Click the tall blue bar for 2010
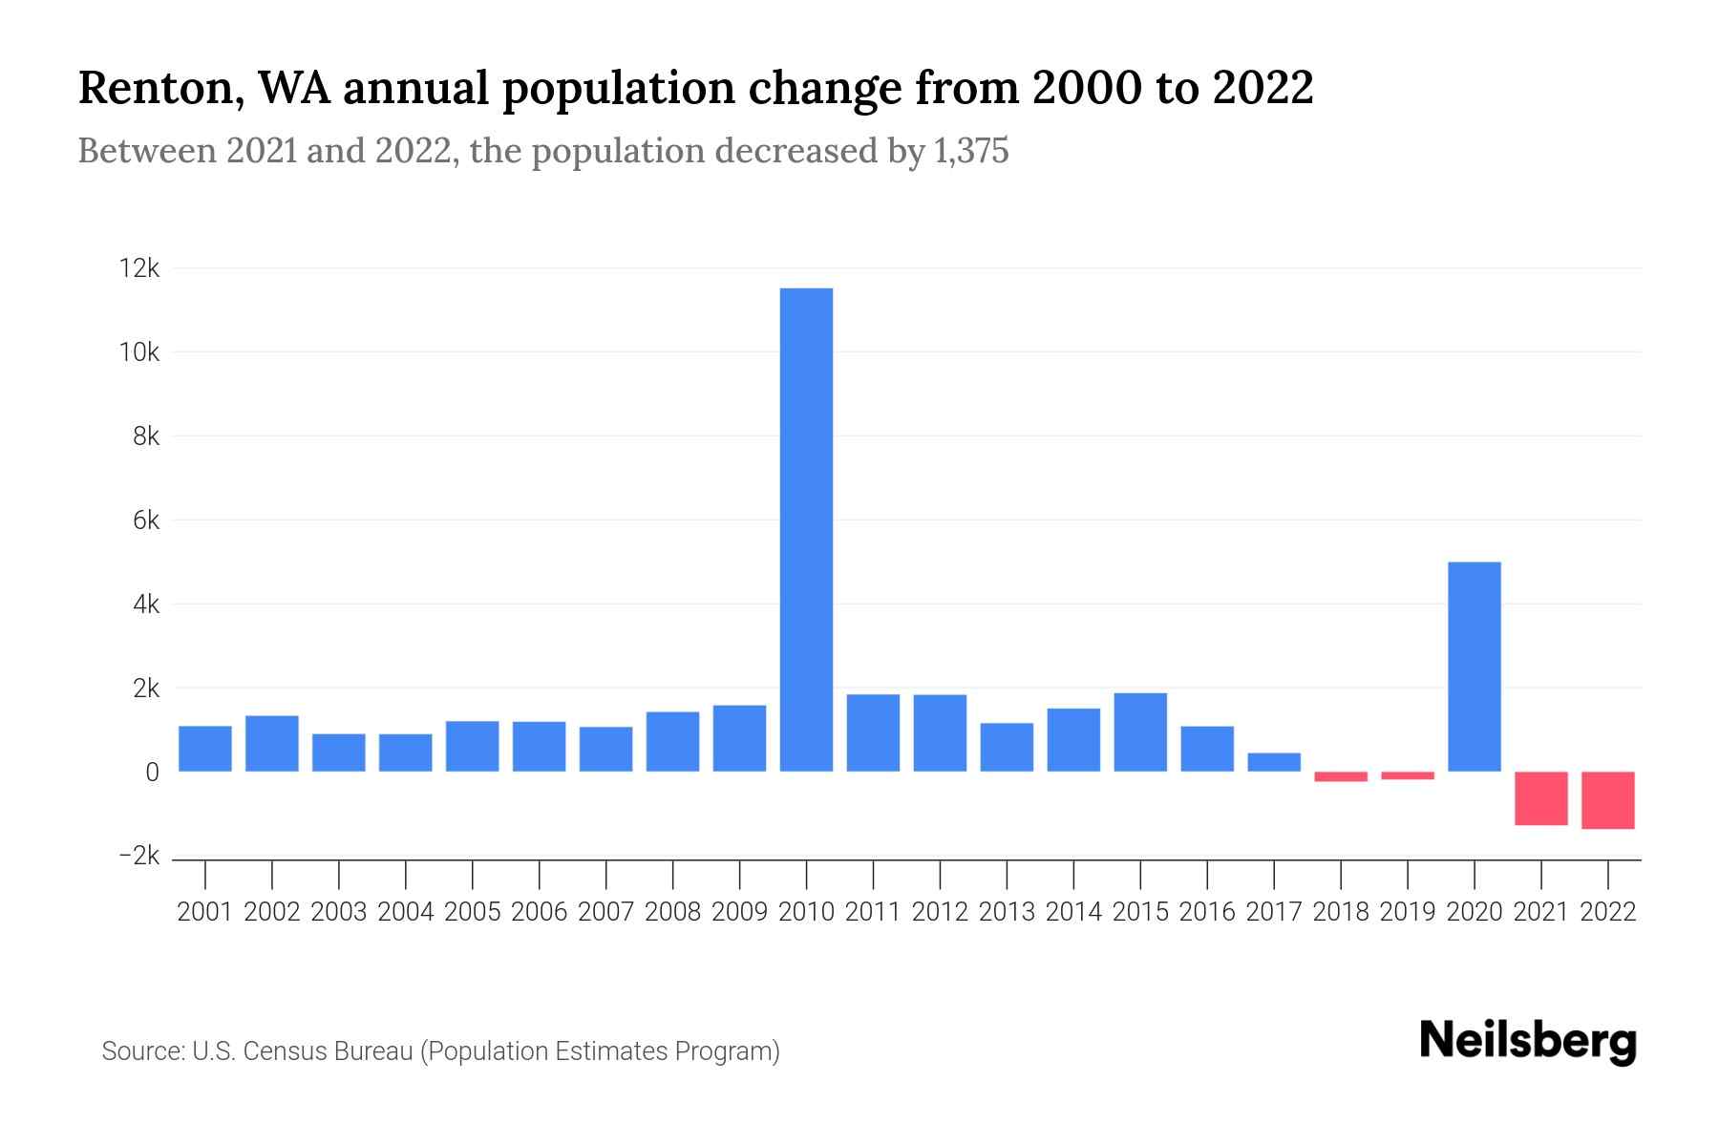[806, 530]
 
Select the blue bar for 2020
[1474, 667]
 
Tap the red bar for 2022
[1607, 800]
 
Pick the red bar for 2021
[1540, 798]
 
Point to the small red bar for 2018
[1340, 776]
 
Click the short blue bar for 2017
[1273, 762]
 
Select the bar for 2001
[204, 749]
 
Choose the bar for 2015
[1139, 732]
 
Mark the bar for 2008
[672, 741]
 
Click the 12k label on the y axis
[138, 268]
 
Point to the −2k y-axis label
[138, 856]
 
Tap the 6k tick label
[145, 520]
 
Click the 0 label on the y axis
[152, 773]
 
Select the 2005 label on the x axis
[472, 912]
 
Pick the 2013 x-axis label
[1006, 912]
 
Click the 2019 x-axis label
[1407, 912]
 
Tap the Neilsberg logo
[1528, 1041]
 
